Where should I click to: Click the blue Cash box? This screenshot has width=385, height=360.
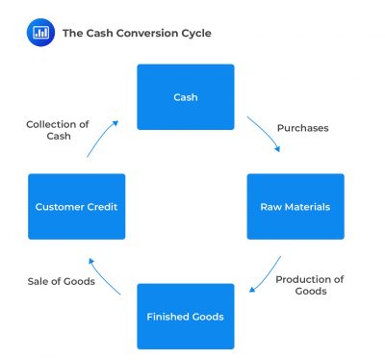point(185,97)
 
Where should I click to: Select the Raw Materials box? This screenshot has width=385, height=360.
point(295,206)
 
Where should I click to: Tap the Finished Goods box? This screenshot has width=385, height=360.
point(185,316)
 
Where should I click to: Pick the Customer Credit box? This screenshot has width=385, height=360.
point(76,206)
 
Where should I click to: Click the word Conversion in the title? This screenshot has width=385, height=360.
point(140,33)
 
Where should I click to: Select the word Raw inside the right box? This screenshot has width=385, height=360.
point(269,206)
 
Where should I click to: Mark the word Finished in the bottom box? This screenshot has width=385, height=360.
point(166,316)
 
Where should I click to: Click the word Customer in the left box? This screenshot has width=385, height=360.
point(61,206)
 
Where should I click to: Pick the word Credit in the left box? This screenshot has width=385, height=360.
point(104,206)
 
